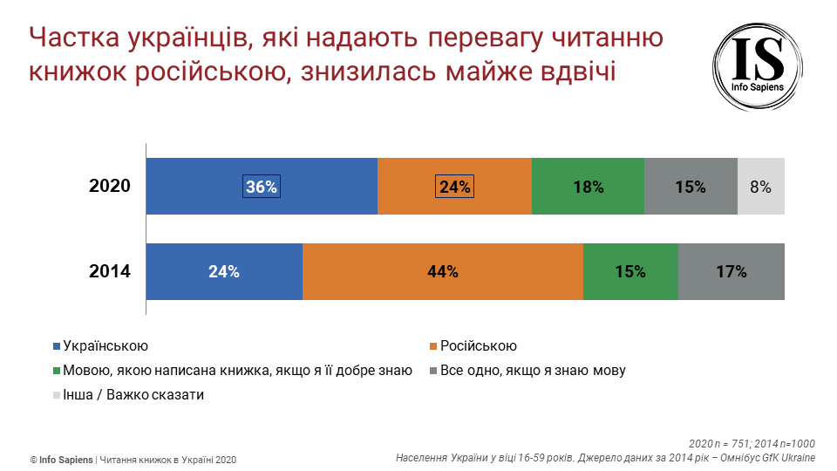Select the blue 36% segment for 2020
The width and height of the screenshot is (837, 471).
pos(261,186)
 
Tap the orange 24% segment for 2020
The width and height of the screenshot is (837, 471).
pos(454,186)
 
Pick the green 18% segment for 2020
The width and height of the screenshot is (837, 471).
pos(588,186)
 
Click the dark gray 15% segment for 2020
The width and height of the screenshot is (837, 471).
pos(691,186)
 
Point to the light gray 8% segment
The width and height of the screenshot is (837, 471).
pos(761,186)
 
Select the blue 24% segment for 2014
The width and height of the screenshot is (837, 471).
pos(224,271)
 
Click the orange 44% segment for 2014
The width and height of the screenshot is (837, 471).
pos(443,271)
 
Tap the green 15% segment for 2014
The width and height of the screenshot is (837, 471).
pos(630,271)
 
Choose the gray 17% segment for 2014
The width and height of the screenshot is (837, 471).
pos(732,271)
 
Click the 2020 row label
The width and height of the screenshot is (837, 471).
pos(110,186)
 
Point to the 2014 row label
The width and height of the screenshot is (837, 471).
pos(110,271)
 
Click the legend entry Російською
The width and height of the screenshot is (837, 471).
pos(479,346)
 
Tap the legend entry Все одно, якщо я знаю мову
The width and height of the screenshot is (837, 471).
pos(533,370)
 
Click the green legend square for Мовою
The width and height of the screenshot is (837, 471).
pos(58,371)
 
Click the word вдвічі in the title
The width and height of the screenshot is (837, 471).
pos(571,71)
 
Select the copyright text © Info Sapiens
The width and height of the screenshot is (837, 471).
pos(60,460)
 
